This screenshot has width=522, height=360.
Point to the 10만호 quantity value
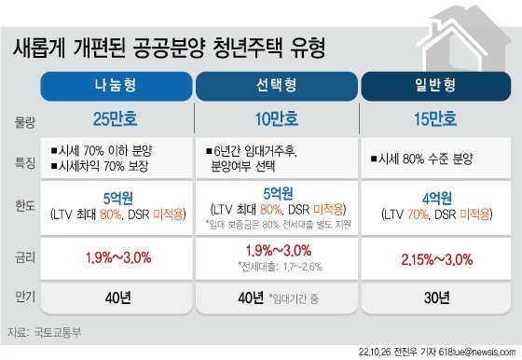point(276,119)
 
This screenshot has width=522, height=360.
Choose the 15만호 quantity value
point(436,119)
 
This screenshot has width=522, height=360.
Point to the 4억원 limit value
point(436,199)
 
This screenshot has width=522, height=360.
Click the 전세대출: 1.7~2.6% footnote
point(281,268)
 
